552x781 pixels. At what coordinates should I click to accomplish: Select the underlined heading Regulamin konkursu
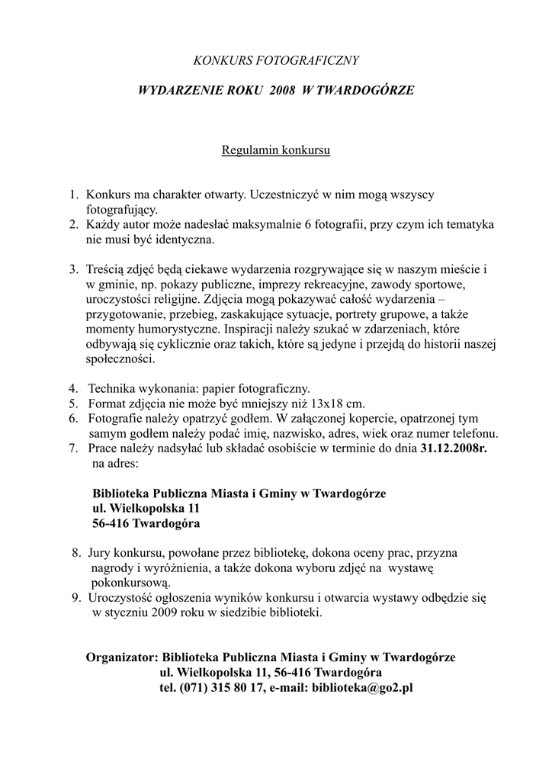click(275, 149)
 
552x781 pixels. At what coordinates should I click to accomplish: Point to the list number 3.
click(73, 269)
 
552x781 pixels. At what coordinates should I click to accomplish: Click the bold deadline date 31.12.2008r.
click(453, 448)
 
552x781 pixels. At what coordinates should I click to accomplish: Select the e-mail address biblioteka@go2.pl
click(362, 686)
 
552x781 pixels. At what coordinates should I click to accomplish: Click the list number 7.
click(73, 448)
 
